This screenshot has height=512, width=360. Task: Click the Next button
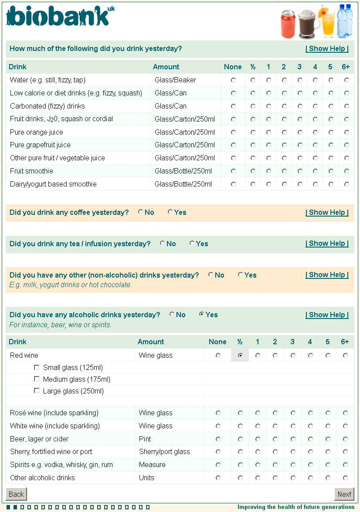point(344,494)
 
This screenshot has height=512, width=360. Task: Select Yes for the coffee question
point(170,212)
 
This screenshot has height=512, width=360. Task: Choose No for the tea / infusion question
point(162,244)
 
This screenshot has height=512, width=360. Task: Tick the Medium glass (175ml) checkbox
point(37,379)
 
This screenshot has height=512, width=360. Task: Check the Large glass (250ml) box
point(37,391)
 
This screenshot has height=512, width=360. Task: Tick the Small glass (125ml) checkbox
point(37,367)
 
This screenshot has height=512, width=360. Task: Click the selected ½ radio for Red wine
point(240,356)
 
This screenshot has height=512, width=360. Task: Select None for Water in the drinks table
point(233,80)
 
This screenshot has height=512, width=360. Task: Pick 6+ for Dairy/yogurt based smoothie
point(346,184)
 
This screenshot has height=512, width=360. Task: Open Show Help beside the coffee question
point(327,212)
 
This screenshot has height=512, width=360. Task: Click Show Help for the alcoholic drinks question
point(327,315)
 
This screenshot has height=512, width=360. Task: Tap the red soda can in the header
point(288,24)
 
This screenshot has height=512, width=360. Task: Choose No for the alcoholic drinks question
point(172,315)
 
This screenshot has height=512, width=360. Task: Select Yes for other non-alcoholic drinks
point(240,275)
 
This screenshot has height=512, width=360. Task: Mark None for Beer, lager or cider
point(218,439)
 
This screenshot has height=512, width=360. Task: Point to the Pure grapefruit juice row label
point(40,145)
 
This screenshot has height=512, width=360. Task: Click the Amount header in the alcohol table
point(151,342)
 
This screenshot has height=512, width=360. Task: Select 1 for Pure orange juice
point(268,132)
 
